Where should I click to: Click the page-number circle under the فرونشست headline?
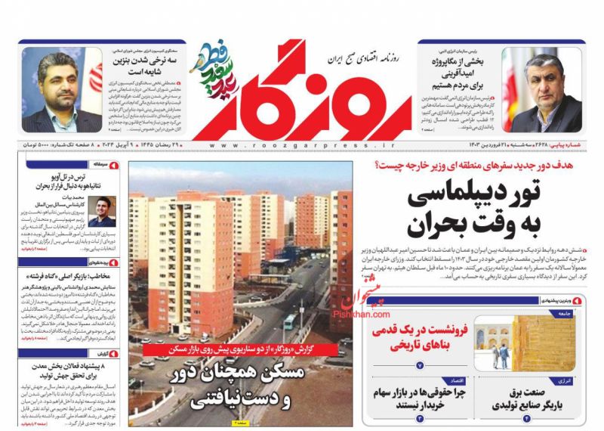tap(420, 365)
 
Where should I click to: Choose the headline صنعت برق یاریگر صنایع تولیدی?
tap(529, 398)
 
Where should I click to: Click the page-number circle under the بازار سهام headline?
tap(420, 418)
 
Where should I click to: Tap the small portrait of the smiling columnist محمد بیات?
tap(102, 212)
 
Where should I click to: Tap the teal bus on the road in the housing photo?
tap(288, 321)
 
